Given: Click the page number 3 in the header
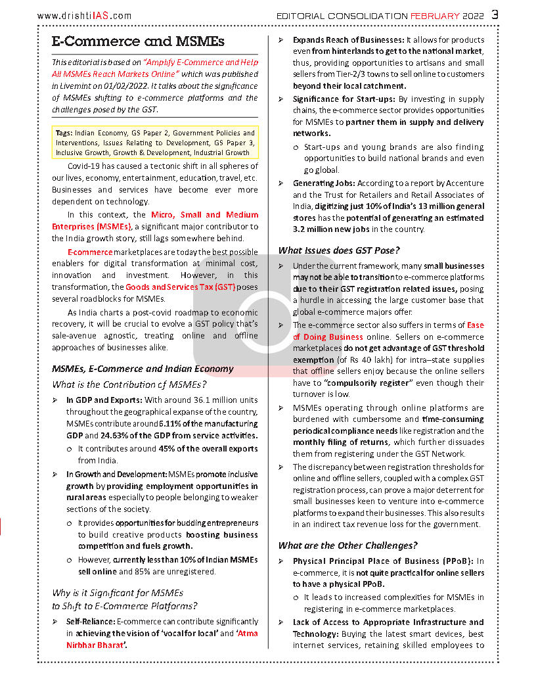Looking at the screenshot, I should (495, 14).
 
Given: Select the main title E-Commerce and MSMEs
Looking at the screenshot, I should (138, 41).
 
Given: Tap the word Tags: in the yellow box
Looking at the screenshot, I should (64, 133).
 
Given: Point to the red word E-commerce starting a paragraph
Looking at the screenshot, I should (90, 252).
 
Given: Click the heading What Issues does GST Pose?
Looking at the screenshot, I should (338, 250).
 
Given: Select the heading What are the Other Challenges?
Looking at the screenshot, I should (347, 545).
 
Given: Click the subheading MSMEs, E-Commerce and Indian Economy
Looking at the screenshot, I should (142, 369).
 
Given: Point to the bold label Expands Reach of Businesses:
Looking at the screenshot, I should (349, 40).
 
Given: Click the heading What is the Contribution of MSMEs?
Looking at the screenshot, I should (129, 384).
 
